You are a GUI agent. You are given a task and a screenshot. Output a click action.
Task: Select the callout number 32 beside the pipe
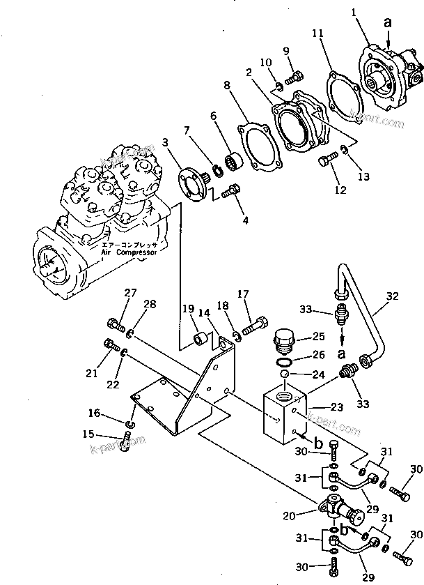tap(393, 296)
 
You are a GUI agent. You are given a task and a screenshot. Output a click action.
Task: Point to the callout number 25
tap(319, 336)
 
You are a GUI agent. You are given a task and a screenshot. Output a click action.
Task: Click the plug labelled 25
tap(282, 340)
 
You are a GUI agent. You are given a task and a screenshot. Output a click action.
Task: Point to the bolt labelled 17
tap(257, 326)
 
